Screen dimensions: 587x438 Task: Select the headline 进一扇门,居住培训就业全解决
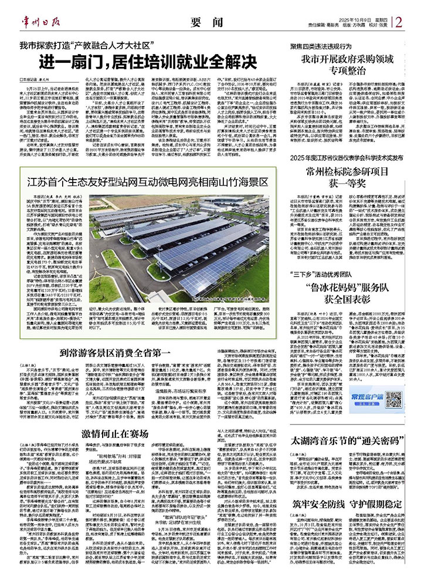pos(144,60)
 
